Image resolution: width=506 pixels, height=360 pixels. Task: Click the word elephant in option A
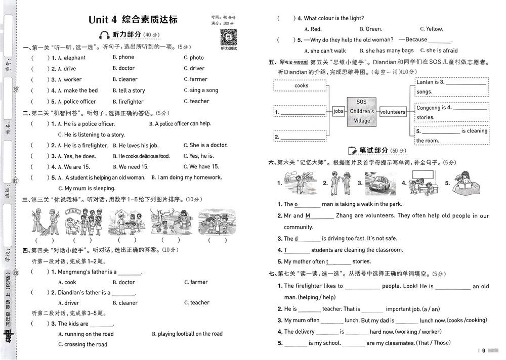pyautogui.click(x=74, y=58)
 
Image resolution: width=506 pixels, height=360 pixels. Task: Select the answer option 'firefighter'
pyautogui.click(x=131, y=102)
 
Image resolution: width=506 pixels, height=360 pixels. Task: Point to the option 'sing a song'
pyautogui.click(x=204, y=91)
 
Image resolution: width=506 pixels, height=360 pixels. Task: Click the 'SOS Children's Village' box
pyautogui.click(x=362, y=111)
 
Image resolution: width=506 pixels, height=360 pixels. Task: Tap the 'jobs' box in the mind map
pyautogui.click(x=339, y=111)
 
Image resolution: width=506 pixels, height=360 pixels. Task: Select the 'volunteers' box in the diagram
pyautogui.click(x=393, y=112)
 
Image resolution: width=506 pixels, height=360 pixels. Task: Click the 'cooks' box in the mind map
pyautogui.click(x=301, y=86)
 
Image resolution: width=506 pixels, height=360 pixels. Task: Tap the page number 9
pyautogui.click(x=484, y=351)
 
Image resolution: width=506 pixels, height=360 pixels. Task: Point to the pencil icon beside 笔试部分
pyautogui.click(x=353, y=151)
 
